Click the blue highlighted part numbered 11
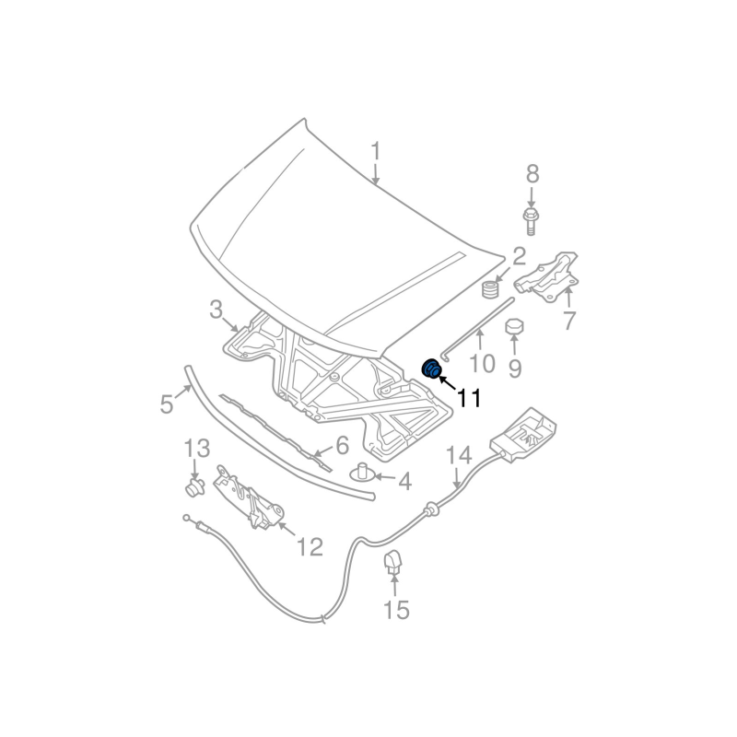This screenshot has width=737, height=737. point(432,369)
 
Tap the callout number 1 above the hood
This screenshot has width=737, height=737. point(376,150)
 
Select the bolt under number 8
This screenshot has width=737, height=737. point(532,220)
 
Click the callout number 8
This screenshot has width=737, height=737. point(532,172)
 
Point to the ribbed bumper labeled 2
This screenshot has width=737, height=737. point(492,290)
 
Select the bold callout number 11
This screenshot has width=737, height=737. point(468,398)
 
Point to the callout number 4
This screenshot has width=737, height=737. point(404,480)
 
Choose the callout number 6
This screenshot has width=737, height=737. point(341,446)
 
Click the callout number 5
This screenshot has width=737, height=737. point(167,404)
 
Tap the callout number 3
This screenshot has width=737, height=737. point(215,310)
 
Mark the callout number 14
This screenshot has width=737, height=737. point(459,455)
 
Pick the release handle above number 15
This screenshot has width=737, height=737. point(393,560)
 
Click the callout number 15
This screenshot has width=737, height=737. point(396,609)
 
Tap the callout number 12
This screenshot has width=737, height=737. point(310,547)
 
